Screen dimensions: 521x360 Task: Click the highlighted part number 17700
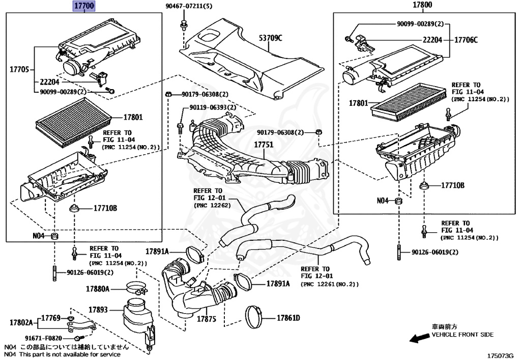[x=84, y=6]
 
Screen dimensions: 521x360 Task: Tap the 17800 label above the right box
[x=422, y=5]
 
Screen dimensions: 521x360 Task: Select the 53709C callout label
[x=271, y=38]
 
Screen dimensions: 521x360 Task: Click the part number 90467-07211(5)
[x=189, y=6]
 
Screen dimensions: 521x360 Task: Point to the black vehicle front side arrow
[x=419, y=338]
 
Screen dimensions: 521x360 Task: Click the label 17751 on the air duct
[x=264, y=145]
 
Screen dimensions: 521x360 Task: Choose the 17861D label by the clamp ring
[x=288, y=318]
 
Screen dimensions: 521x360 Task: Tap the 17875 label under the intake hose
[x=207, y=319]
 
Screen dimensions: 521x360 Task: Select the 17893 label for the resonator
[x=98, y=310]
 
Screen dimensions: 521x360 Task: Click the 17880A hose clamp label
[x=97, y=289]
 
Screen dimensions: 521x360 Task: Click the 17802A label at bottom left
[x=21, y=322]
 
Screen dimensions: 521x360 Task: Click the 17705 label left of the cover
[x=19, y=69]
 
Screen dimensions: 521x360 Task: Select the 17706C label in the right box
[x=466, y=40]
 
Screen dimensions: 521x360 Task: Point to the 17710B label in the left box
[x=105, y=208]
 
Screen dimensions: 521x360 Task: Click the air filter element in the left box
[x=74, y=123]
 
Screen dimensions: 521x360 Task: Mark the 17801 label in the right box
[x=359, y=103]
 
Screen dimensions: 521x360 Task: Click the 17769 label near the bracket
[x=51, y=318]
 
